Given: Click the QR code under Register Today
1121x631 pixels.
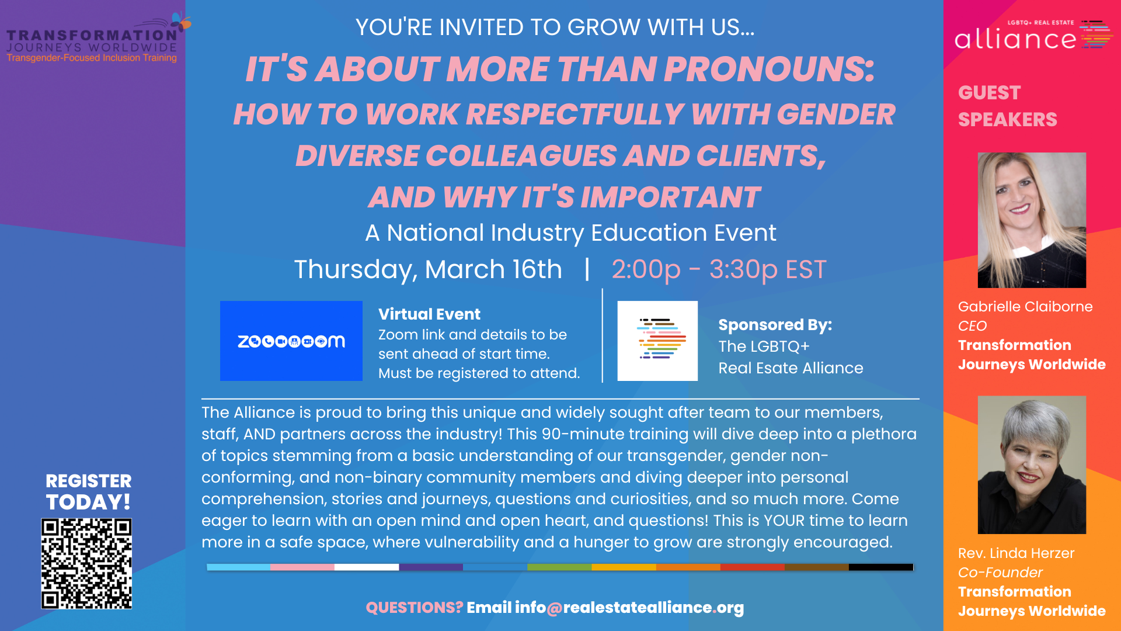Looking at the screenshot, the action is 86,564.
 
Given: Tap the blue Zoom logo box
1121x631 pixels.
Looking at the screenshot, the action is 291,341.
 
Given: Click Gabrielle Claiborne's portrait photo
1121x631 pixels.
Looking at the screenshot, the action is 1032,220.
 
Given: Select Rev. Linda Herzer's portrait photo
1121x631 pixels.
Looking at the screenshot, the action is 1032,465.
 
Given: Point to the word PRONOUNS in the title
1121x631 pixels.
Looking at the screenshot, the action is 769,69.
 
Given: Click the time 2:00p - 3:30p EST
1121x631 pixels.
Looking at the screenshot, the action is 719,269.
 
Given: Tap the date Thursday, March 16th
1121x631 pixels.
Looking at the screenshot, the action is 428,269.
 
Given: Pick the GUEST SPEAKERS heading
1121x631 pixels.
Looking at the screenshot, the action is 1007,106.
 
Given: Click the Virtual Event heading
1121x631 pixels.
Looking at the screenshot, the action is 429,314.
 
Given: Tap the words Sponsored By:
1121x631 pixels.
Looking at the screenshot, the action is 775,325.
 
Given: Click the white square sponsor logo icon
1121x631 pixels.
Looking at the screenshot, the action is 657,341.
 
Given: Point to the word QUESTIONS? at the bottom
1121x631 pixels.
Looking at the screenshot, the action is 415,608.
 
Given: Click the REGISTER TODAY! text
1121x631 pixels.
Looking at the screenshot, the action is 89,491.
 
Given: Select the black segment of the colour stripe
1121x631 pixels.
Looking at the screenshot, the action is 881,567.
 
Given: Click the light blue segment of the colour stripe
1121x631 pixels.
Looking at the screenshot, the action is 238,567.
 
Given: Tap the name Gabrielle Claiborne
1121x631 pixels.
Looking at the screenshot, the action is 1025,307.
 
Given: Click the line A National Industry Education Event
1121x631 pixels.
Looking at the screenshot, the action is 570,233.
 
